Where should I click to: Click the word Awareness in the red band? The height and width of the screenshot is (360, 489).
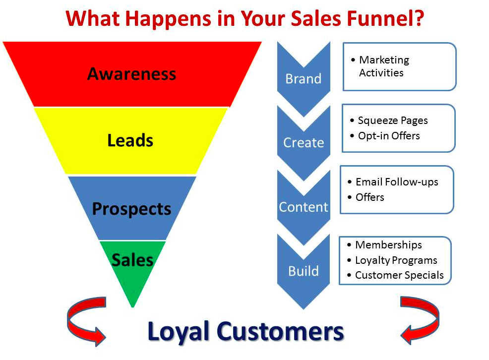(x=131, y=74)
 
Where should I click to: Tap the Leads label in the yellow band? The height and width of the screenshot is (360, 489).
(x=130, y=141)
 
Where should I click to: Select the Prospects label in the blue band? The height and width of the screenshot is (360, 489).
(x=131, y=209)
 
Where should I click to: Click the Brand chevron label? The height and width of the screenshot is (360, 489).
(x=303, y=79)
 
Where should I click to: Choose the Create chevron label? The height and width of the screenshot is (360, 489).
(x=303, y=143)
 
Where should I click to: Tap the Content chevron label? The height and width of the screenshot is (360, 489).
(x=303, y=207)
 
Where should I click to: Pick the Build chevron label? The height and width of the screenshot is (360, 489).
(x=303, y=271)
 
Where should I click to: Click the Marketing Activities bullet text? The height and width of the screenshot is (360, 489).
(x=383, y=66)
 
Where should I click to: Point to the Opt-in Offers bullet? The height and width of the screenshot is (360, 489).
(x=388, y=135)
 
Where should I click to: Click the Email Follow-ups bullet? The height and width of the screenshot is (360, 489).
(x=397, y=182)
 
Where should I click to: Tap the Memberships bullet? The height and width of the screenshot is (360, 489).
(x=388, y=245)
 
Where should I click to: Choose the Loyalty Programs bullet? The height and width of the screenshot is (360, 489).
(x=396, y=260)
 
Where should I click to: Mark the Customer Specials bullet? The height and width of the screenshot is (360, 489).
(x=399, y=275)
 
